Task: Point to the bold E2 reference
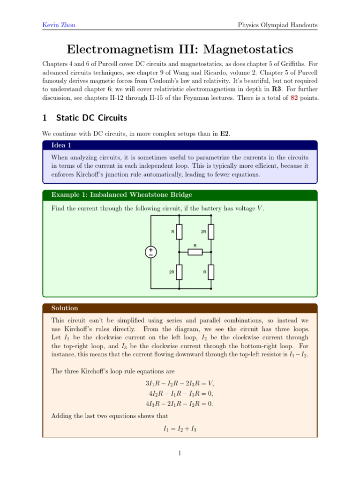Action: pos(224,134)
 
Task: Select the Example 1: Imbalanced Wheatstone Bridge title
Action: pos(121,195)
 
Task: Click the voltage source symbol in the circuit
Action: pos(151,252)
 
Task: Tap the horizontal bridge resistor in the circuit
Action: pos(195,252)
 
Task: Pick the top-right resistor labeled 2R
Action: pos(211,232)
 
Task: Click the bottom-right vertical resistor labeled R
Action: pos(211,271)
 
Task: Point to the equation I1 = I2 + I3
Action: pos(180,428)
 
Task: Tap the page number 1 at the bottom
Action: pos(180,453)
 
